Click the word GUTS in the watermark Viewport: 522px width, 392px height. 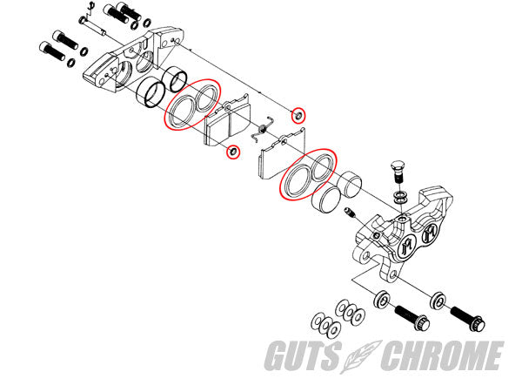click(x=304, y=355)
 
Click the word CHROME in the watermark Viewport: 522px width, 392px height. click(x=442, y=355)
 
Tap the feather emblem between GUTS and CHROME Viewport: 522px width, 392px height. click(x=361, y=356)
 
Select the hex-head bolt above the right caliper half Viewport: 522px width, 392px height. click(x=398, y=171)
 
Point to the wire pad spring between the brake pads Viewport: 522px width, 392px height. click(x=263, y=129)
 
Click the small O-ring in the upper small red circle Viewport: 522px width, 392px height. click(x=298, y=115)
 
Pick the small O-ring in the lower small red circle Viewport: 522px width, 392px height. click(x=233, y=152)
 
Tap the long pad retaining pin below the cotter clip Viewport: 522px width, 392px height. click(x=93, y=25)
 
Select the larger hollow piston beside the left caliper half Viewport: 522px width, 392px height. click(x=151, y=93)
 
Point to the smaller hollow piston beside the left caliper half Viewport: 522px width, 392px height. click(x=173, y=79)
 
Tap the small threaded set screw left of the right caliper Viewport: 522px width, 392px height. click(x=350, y=212)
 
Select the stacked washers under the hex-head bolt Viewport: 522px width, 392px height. click(x=399, y=197)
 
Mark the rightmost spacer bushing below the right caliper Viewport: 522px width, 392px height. click(x=438, y=301)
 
